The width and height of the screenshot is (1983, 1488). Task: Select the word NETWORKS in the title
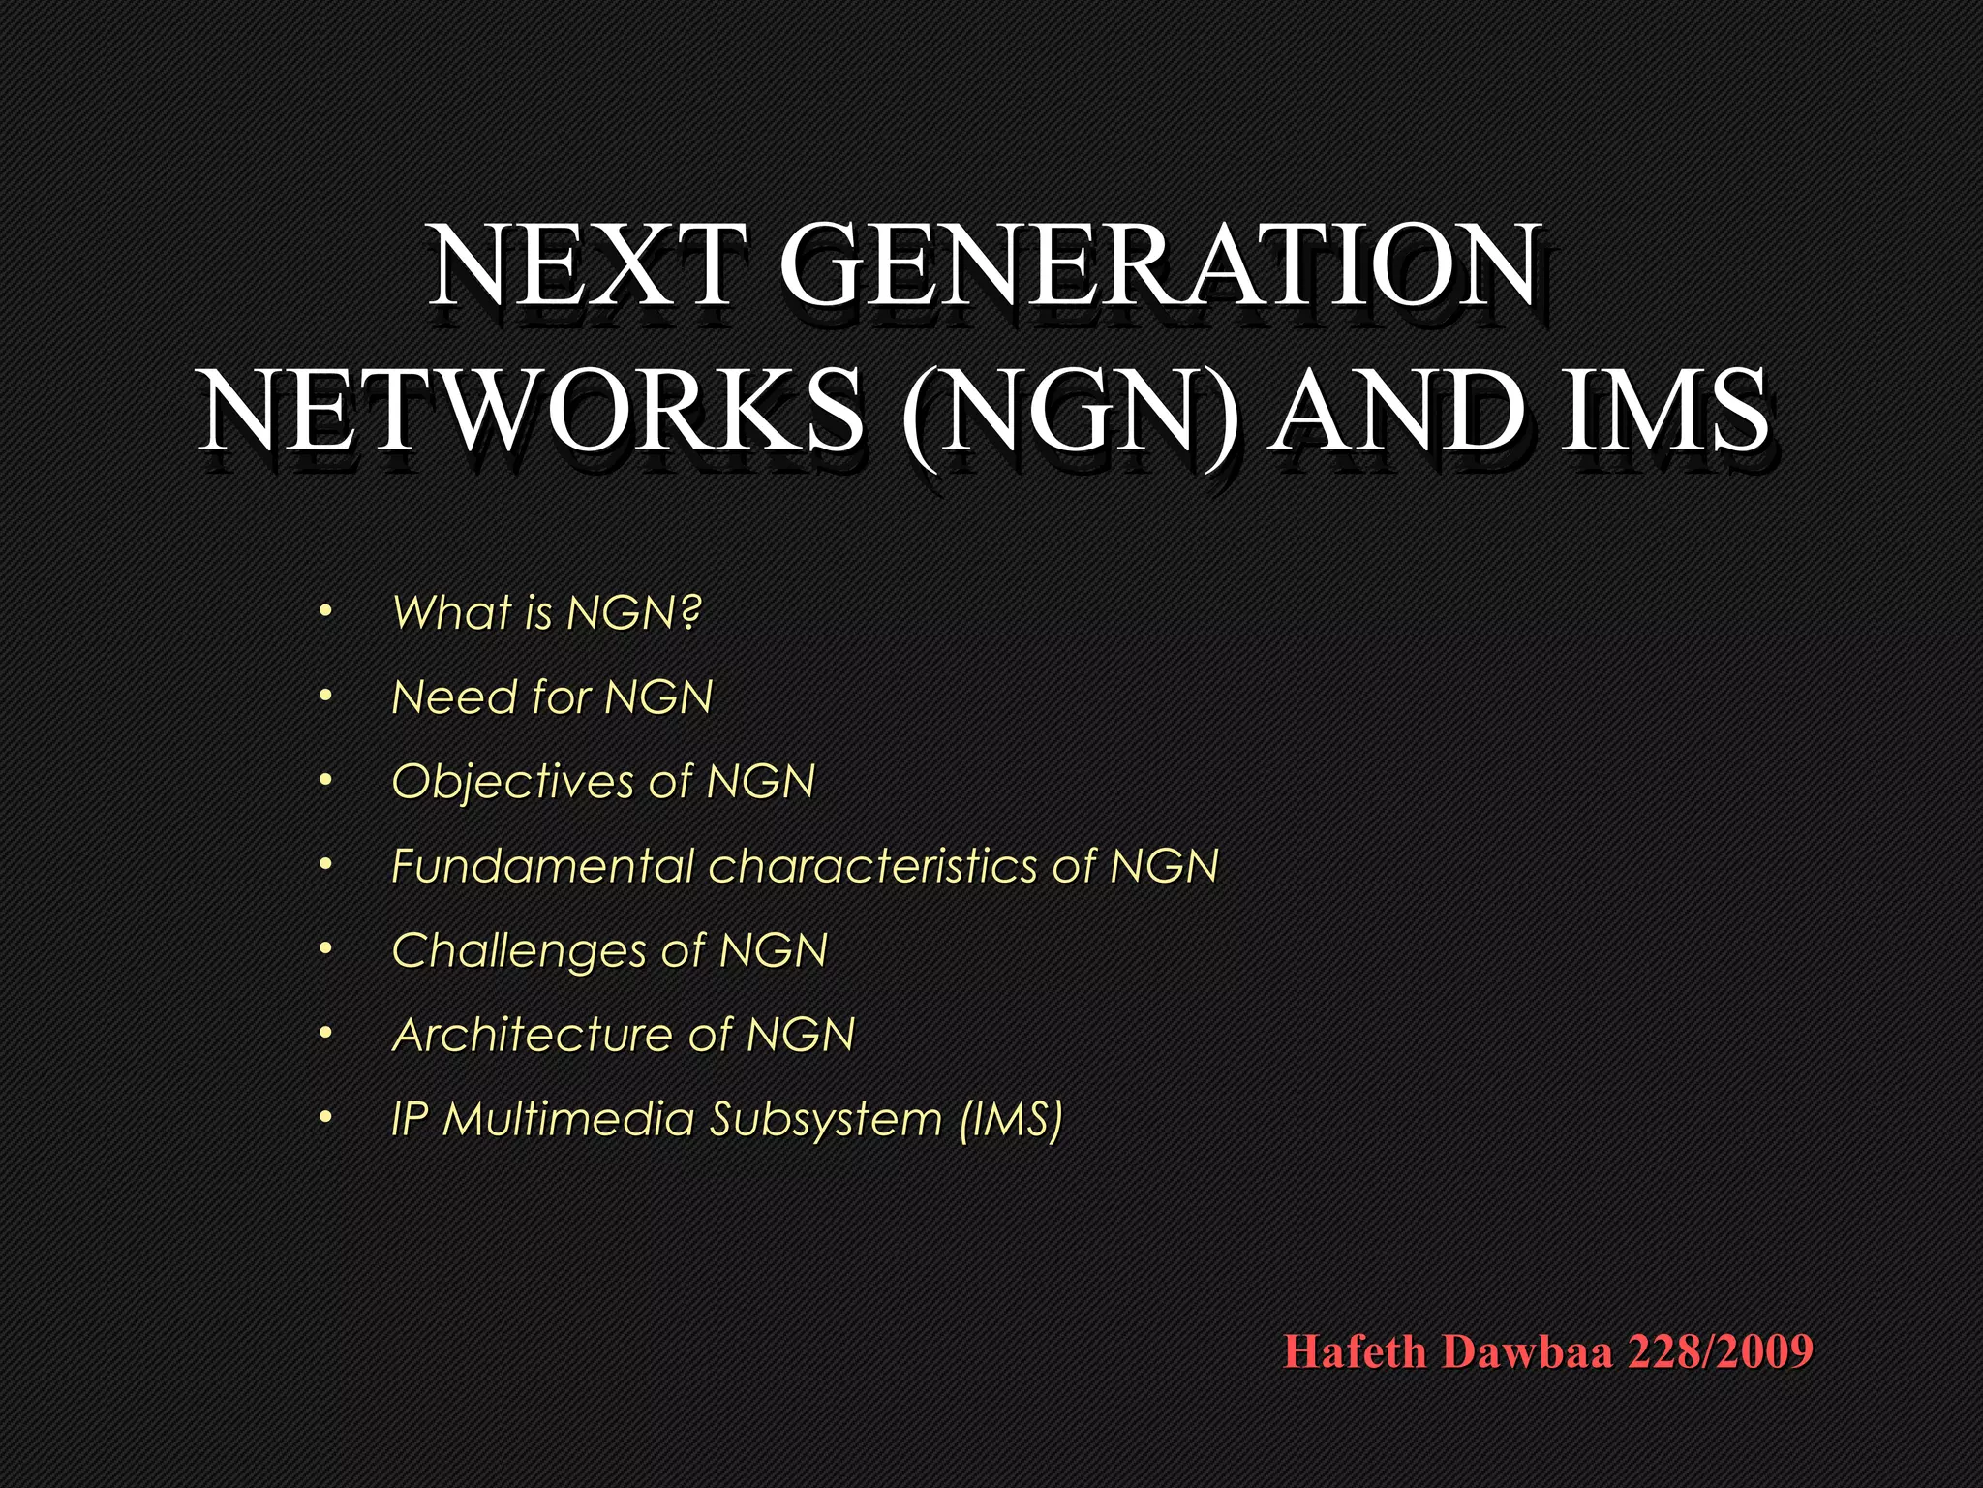tap(531, 411)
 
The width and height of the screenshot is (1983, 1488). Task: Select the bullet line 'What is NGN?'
tap(546, 612)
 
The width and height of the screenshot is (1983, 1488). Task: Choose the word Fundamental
tap(543, 865)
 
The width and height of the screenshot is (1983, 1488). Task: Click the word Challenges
tap(518, 950)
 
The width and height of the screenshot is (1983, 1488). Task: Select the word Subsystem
tap(826, 1120)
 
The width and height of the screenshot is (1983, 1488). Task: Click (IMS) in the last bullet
tap(1011, 1120)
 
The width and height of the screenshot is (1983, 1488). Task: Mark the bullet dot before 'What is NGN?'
tap(325, 612)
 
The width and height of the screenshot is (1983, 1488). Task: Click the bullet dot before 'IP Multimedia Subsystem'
tap(325, 1119)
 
